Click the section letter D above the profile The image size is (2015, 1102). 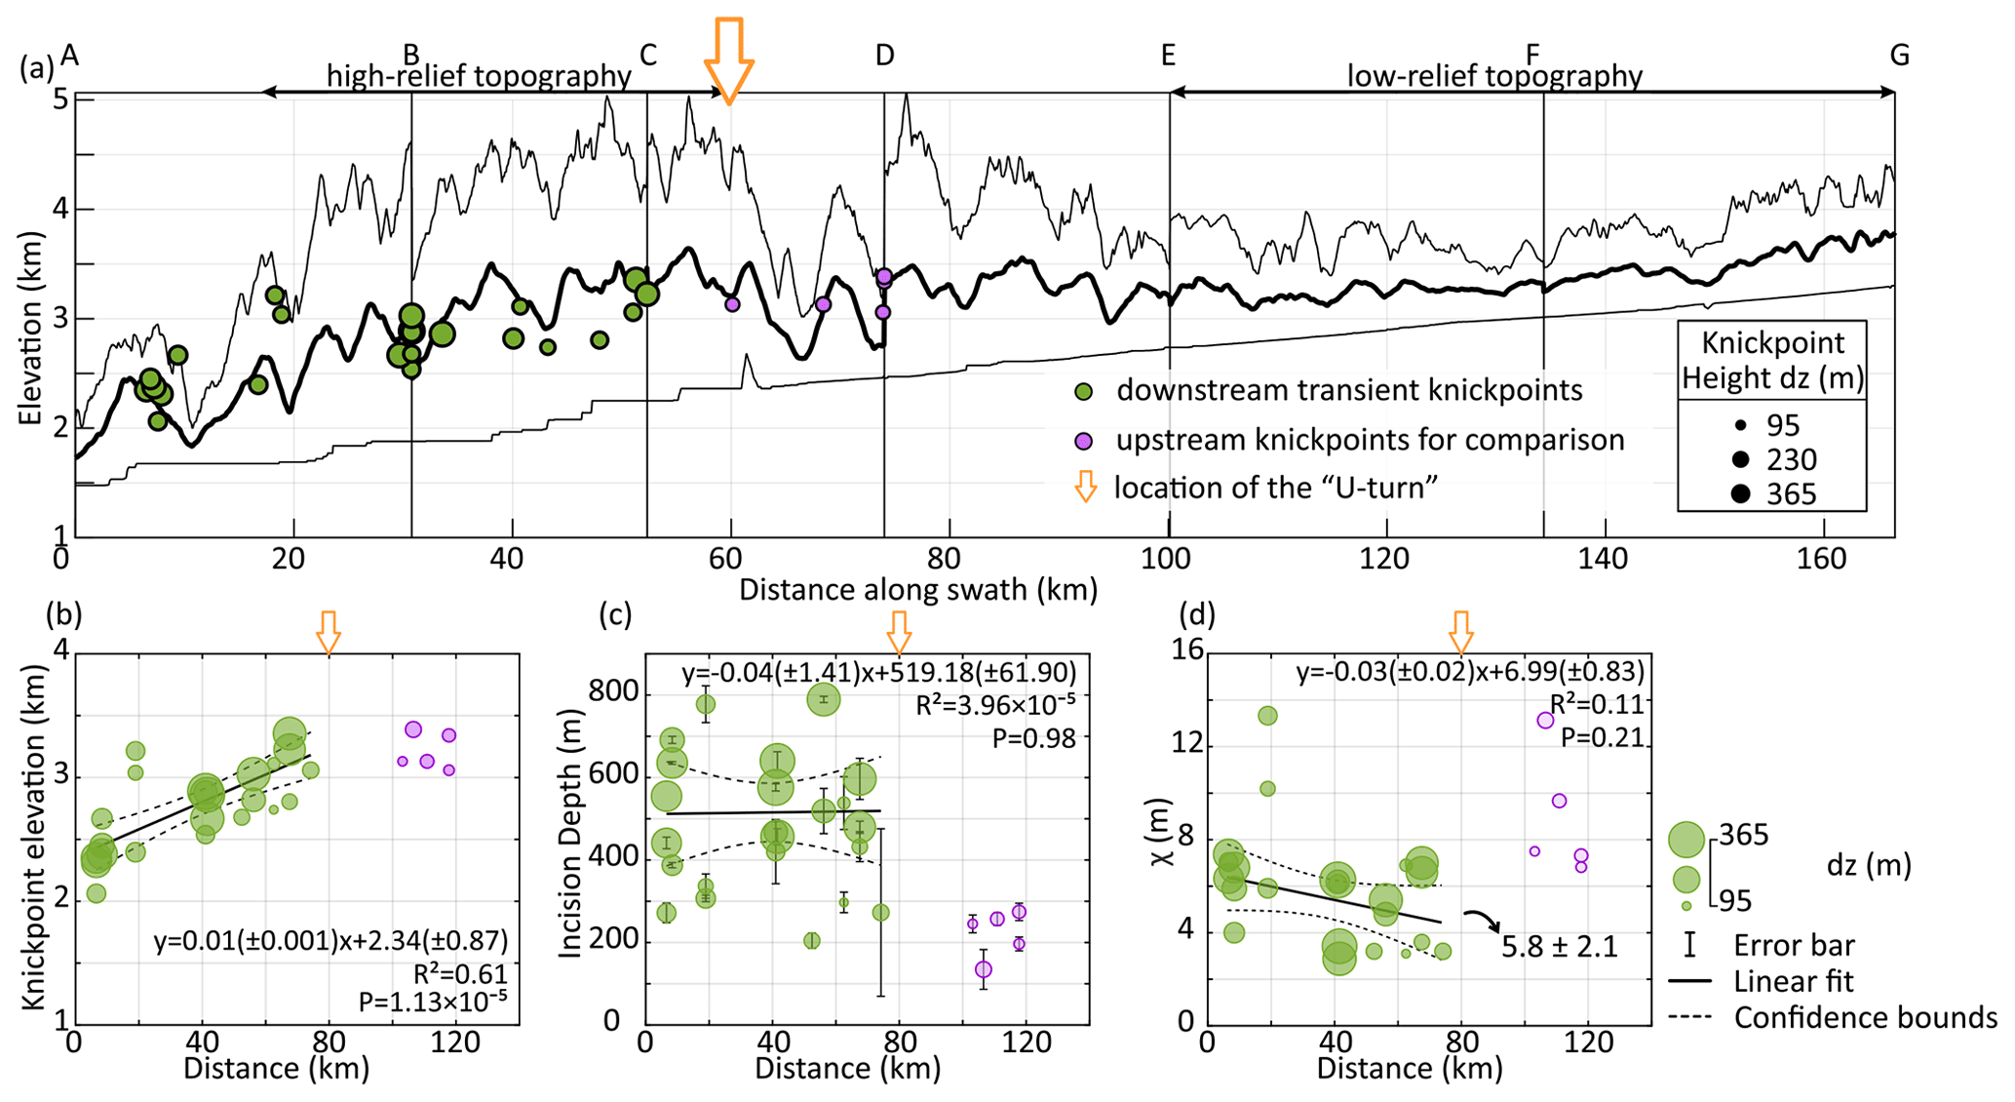884,56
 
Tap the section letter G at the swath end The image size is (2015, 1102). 1899,56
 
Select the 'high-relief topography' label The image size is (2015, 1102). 479,76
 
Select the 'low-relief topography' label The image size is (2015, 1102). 1494,76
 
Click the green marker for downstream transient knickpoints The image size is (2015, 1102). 1083,392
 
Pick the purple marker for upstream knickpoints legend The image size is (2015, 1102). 1083,441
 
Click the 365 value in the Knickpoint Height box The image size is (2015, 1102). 1791,494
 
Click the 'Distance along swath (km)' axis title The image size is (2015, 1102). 917,590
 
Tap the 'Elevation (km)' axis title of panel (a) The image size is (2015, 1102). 32,329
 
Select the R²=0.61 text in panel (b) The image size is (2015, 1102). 460,974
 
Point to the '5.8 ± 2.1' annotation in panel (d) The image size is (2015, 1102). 1559,946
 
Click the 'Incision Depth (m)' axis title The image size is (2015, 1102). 570,835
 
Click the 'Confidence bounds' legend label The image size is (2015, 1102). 1865,1018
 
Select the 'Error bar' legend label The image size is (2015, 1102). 1794,945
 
